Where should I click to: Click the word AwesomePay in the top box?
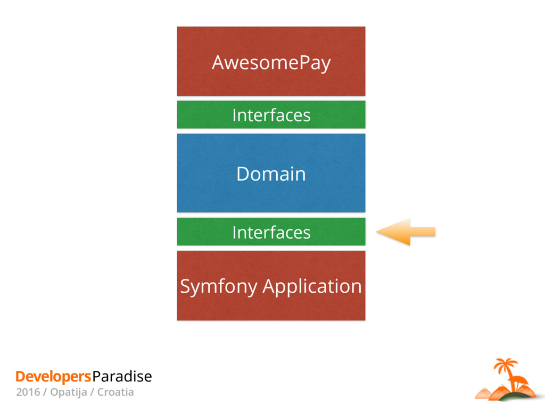271,63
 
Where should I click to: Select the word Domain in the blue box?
271,174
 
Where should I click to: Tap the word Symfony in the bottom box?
219,287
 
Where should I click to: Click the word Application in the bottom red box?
312,287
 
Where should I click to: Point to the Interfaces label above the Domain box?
271,115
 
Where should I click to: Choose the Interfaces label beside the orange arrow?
271,232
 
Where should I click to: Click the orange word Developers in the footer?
53,377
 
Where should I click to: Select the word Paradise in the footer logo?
122,377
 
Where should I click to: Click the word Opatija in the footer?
70,393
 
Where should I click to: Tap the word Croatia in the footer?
115,393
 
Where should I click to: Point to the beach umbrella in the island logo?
520,380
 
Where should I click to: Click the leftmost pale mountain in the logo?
484,393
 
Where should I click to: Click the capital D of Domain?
242,174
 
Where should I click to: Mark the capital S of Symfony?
185,287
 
